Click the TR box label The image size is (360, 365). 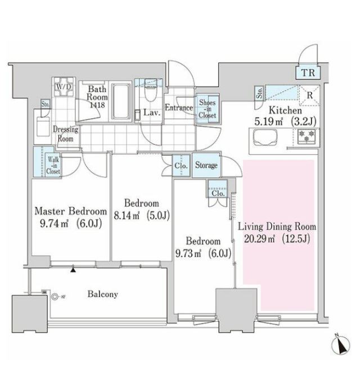point(308,73)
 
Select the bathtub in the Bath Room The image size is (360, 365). point(120,101)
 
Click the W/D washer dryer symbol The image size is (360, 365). point(64,87)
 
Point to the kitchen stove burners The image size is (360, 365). point(307,136)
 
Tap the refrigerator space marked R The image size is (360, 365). point(309,96)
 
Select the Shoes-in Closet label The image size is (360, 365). point(207,109)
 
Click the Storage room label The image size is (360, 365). point(206,165)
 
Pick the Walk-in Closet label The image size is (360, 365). point(53,165)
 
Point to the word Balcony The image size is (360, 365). point(103,294)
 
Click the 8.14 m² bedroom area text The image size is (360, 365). point(127,216)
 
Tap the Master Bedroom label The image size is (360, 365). point(71,211)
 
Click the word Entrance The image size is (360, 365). point(179,107)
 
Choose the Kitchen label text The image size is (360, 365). point(285,110)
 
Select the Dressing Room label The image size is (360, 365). point(65,134)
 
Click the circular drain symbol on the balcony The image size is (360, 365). point(55,297)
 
